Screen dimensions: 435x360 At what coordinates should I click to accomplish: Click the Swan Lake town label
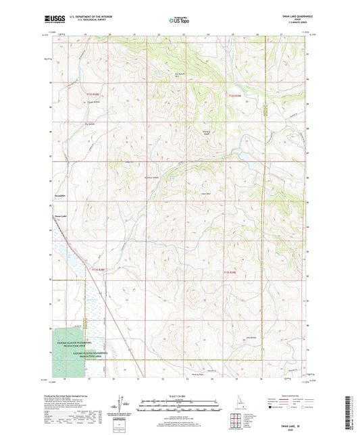[x=61, y=215]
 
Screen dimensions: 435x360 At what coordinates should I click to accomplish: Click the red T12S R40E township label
[x=233, y=95]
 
